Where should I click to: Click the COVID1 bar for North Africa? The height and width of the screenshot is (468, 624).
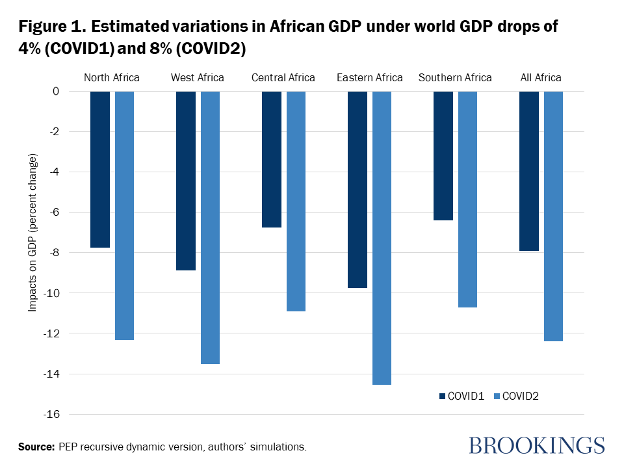point(99,169)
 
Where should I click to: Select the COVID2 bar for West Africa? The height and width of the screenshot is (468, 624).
point(210,227)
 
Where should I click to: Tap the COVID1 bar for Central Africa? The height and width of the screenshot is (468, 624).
point(272,159)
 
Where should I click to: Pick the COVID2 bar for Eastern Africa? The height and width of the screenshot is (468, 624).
point(382,238)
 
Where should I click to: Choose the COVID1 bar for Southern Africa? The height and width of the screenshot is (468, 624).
point(443,156)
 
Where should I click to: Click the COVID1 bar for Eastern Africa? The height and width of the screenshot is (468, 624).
point(357,189)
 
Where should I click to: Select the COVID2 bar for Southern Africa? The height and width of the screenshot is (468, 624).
point(467,199)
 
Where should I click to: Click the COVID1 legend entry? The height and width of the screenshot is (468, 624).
point(461,396)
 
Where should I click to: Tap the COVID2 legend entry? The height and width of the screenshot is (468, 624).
point(517,396)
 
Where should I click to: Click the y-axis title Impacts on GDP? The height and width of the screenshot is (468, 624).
point(32,233)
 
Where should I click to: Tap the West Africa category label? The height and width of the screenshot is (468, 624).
point(198,78)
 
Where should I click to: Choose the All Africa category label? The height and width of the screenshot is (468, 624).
point(541,78)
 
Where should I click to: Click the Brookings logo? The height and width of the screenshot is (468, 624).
point(536,445)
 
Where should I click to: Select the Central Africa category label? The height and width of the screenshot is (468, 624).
point(283,78)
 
